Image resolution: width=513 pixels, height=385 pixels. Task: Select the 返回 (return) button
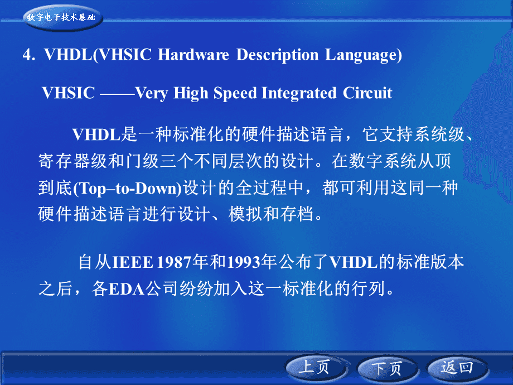tap(457, 368)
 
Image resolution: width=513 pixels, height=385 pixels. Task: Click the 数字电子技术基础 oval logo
tap(62, 17)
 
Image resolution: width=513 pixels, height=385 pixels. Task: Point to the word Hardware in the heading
tap(193, 55)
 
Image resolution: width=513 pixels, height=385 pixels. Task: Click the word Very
tap(152, 94)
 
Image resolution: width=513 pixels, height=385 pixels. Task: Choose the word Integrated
tap(299, 93)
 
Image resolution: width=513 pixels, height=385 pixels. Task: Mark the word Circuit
tap(367, 93)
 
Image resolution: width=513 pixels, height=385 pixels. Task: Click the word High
tap(191, 94)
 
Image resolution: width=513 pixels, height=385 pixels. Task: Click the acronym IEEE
tap(133, 263)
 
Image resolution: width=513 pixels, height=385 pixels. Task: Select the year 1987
tap(174, 263)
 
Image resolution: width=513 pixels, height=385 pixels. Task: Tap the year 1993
tap(244, 263)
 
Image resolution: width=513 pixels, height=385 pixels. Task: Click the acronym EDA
tap(126, 289)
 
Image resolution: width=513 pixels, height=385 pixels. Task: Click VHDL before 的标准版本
tap(354, 263)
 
